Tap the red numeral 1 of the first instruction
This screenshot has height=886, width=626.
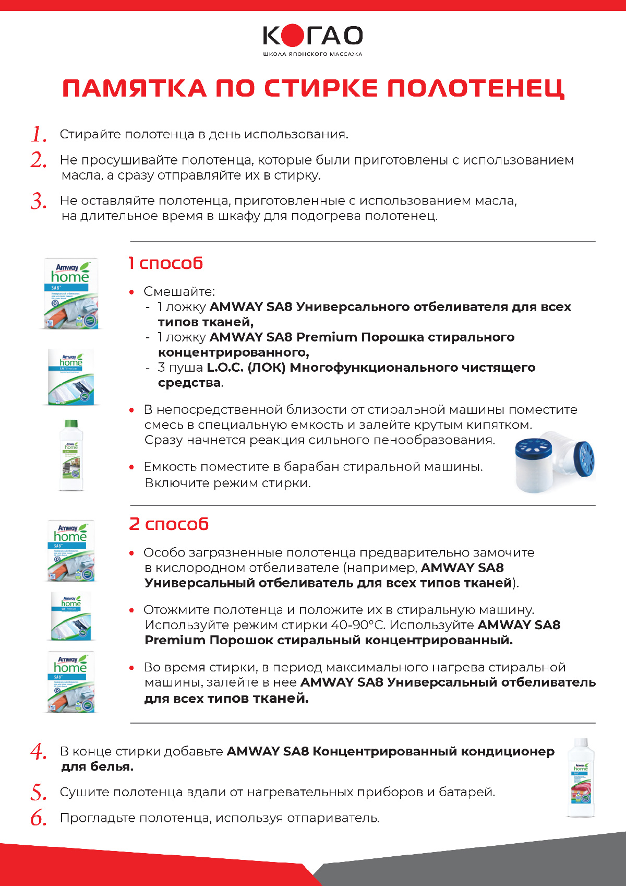pyautogui.click(x=38, y=135)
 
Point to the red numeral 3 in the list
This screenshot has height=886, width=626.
pyautogui.click(x=39, y=202)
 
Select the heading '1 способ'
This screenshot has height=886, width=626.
pyautogui.click(x=165, y=263)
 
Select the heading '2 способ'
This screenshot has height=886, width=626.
pyautogui.click(x=168, y=524)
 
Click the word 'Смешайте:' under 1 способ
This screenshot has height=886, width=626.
pyautogui.click(x=179, y=291)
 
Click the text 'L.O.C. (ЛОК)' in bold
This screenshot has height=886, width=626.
pyautogui.click(x=246, y=368)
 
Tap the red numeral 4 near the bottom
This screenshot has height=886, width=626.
pyautogui.click(x=39, y=752)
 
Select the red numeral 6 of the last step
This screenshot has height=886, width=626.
pyautogui.click(x=39, y=818)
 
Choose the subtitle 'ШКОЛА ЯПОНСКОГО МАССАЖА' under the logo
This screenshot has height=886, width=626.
pyautogui.click(x=312, y=54)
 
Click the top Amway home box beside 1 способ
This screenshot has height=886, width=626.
pyautogui.click(x=71, y=293)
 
